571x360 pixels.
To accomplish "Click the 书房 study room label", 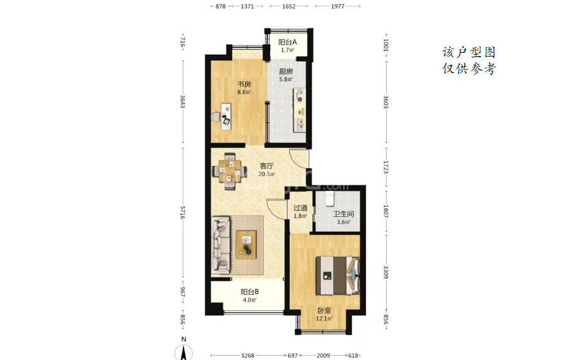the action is [244, 84].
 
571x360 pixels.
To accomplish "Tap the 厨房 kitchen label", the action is [286, 72].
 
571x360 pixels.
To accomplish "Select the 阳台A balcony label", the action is [288, 42].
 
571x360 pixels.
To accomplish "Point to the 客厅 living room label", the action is [266, 166].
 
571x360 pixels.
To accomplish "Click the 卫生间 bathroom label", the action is [344, 214].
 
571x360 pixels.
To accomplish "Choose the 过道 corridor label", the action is [300, 208].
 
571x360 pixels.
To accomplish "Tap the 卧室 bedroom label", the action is [324, 310].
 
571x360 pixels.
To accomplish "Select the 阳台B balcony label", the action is [250, 292].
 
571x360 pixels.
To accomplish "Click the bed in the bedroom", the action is [337, 275].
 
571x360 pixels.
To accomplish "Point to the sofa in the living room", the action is [221, 245].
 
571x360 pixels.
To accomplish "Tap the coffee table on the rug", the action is [246, 244].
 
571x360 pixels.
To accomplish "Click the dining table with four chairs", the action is [229, 171].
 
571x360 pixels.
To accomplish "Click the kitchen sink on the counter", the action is [300, 124].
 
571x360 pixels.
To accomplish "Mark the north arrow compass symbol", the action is [183, 351].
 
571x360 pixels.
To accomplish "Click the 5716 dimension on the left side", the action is [183, 212].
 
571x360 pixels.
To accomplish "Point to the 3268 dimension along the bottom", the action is [247, 355].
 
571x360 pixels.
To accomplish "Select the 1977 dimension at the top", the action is [337, 6].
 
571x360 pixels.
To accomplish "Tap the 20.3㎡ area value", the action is [266, 174].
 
